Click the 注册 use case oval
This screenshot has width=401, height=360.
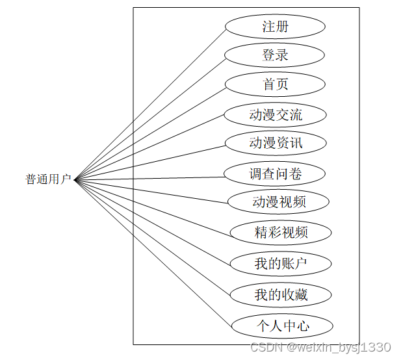pyautogui.click(x=275, y=27)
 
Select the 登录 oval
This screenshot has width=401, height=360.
pyautogui.click(x=275, y=55)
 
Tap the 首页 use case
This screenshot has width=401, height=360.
pyautogui.click(x=275, y=84)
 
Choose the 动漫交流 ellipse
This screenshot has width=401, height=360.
pyautogui.click(x=275, y=115)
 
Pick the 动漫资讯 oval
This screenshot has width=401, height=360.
pyautogui.click(x=275, y=143)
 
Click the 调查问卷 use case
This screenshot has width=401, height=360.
pyautogui.click(x=275, y=174)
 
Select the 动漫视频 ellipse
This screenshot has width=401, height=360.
pyautogui.click(x=279, y=201)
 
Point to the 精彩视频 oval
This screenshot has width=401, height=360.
pyautogui.click(x=281, y=232)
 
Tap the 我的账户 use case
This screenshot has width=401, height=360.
pyautogui.click(x=281, y=263)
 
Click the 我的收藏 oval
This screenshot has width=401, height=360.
pyautogui.click(x=281, y=294)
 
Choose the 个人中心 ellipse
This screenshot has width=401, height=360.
pyautogui.click(x=282, y=326)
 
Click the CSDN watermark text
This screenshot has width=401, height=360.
pyautogui.click(x=320, y=348)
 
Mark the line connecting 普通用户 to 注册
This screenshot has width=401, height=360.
pyautogui.click(x=150, y=104)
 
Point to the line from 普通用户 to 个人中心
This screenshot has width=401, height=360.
pyautogui.click(x=153, y=252)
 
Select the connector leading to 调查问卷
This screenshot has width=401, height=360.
pyautogui.click(x=149, y=177)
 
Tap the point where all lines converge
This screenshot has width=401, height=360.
pyautogui.click(x=75, y=179)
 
